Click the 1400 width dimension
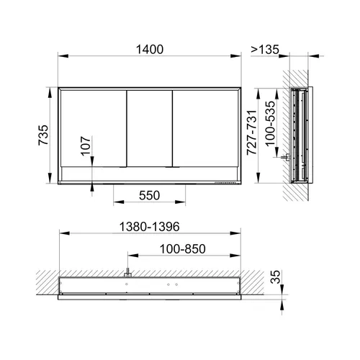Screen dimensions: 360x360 150,50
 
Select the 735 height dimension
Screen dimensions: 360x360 43,135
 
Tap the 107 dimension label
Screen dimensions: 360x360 86,146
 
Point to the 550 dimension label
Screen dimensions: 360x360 149,195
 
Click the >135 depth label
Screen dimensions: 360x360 265,50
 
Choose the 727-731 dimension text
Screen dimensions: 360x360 252,132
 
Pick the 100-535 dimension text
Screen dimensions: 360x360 270,123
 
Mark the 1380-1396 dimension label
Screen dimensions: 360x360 149,227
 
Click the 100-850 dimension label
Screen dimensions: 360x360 183,249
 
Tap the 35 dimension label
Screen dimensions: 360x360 275,277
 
